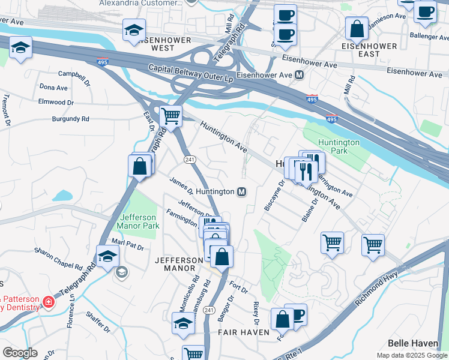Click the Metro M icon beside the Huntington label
[241, 191]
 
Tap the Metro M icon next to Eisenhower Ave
[299, 76]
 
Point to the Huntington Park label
[339, 146]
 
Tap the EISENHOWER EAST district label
[369, 50]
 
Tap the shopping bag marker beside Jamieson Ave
[357, 28]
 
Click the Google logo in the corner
[20, 353]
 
